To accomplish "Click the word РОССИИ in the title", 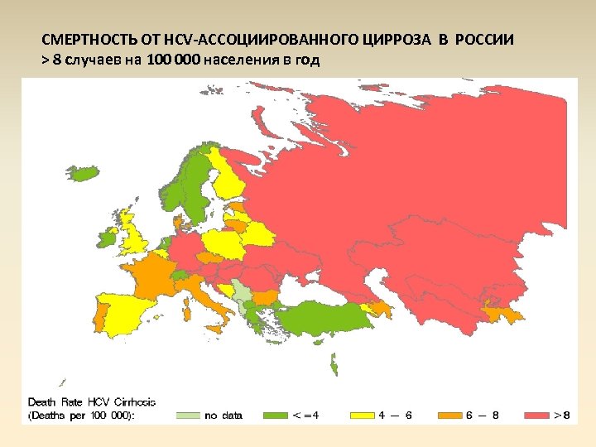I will pos(483,40).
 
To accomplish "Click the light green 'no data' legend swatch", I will pos(190,415).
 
